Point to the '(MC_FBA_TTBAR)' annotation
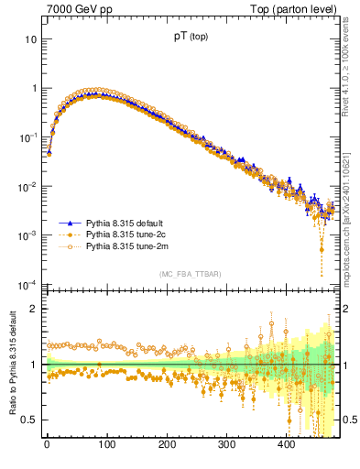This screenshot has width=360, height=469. tap(191, 274)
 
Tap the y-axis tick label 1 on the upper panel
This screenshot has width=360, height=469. tap(33, 89)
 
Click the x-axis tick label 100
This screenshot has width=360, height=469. tap(106, 445)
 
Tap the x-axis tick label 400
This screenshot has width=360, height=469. tap(287, 445)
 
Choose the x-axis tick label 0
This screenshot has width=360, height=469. tap(47, 445)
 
